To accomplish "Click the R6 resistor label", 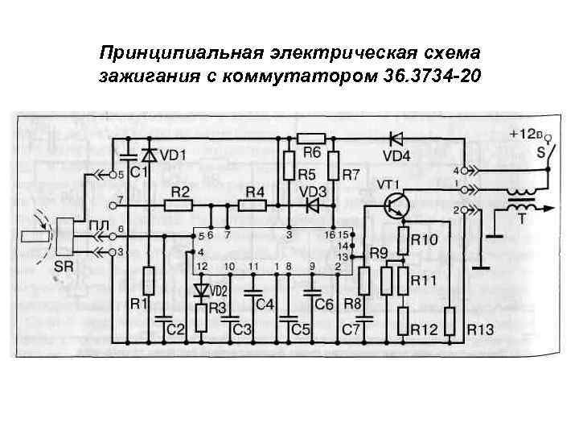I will [x=312, y=152].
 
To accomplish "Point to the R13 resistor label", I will [x=480, y=329].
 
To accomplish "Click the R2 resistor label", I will [x=180, y=192].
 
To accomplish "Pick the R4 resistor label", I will [x=255, y=192].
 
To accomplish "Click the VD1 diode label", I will [x=174, y=155].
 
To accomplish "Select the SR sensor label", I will [x=62, y=266].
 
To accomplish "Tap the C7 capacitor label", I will [x=351, y=329].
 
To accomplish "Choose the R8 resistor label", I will [x=351, y=304].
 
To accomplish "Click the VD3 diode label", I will [x=313, y=192].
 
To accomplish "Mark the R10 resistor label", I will [x=425, y=239].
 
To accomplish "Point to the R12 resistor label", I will [x=424, y=329].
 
